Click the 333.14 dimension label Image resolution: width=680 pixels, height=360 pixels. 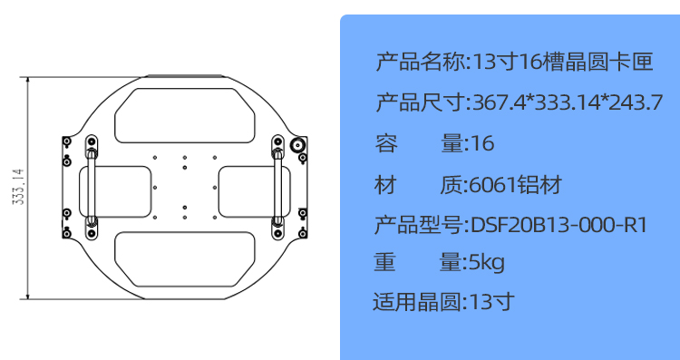[x=17, y=187]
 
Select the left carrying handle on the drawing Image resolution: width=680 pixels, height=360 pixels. [x=91, y=185]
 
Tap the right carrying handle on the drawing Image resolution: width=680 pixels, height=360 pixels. [x=278, y=185]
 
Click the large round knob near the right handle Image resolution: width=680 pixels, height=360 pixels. [x=297, y=145]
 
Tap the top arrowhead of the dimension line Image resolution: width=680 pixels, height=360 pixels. [x=29, y=81]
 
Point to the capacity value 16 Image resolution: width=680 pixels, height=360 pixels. [x=483, y=143]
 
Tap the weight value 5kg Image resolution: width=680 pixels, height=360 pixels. [x=488, y=263]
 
